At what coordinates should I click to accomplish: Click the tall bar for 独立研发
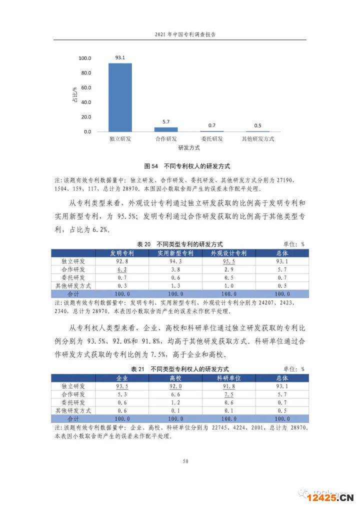pos(120,97)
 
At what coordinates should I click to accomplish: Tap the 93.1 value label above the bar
pos(120,58)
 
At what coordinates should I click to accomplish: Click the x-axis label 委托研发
pos(212,138)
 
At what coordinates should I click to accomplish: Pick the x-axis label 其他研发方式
pos(258,138)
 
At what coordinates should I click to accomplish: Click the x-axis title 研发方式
pos(189,148)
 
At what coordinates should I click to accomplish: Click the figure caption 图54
pos(150,166)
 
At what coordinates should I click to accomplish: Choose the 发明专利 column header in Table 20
pos(122,253)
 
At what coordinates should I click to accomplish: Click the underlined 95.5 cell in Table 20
pos(228,261)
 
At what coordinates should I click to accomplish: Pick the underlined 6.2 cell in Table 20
pos(122,269)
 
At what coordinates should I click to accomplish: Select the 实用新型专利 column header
pos(175,253)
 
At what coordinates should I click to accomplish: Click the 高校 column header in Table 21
pos(175,378)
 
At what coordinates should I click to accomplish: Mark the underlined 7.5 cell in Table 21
pos(228,394)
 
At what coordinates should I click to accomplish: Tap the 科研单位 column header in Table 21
pos(228,378)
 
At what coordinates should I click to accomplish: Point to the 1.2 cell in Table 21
pos(175,402)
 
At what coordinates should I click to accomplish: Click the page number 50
pos(185,461)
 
